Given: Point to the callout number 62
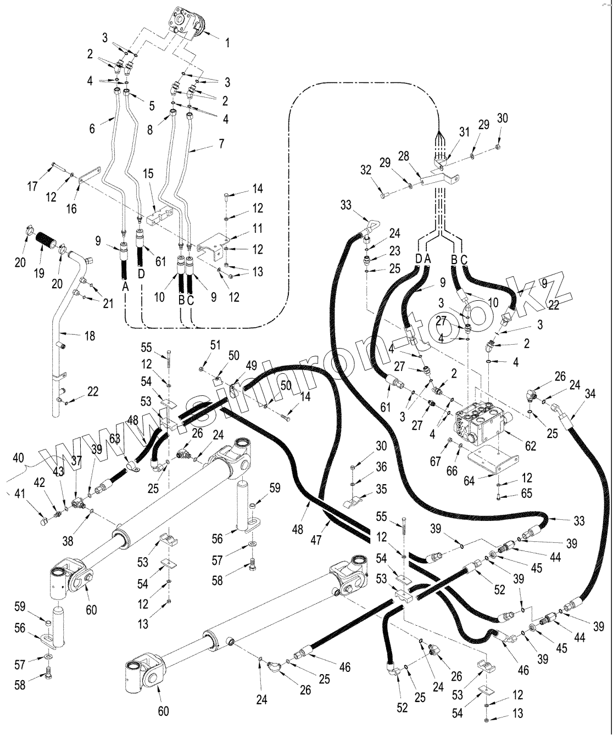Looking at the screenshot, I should point(530,446).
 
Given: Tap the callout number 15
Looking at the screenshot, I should point(149,174).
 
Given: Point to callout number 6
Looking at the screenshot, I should point(92,129).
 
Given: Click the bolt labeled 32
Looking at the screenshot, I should point(383,194).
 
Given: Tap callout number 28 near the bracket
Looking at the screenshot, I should point(404,157).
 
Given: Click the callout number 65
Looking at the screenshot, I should point(527,493).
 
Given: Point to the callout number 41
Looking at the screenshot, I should point(19,493).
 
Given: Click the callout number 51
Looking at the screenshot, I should point(215,345).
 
